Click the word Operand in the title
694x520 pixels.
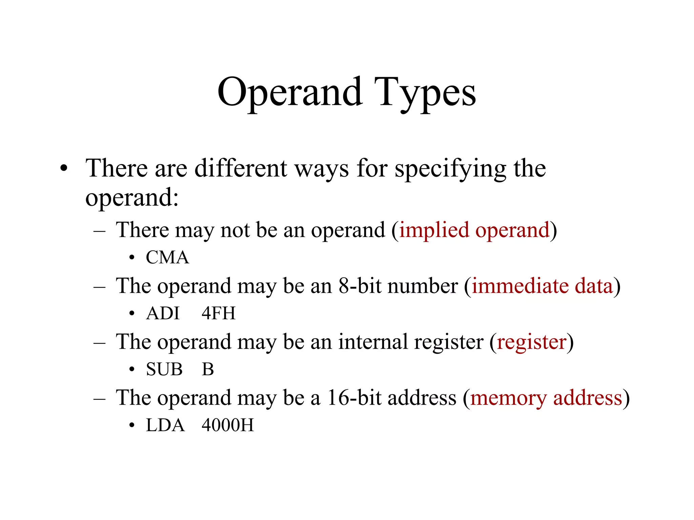click(290, 92)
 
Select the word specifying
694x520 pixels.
click(450, 168)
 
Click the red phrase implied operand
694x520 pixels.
click(474, 230)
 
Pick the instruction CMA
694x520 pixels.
click(167, 257)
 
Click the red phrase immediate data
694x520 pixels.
click(542, 286)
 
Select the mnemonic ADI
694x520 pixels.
click(163, 313)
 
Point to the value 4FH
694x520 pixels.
click(218, 313)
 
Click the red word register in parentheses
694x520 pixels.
click(531, 342)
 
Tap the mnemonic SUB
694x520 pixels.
click(164, 369)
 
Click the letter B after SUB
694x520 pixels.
click(208, 369)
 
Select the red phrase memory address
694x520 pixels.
click(546, 398)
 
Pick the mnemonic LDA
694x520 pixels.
click(165, 425)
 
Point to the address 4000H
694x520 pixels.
click(227, 425)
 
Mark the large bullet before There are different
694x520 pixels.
click(64, 168)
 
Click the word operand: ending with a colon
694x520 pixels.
click(132, 198)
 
